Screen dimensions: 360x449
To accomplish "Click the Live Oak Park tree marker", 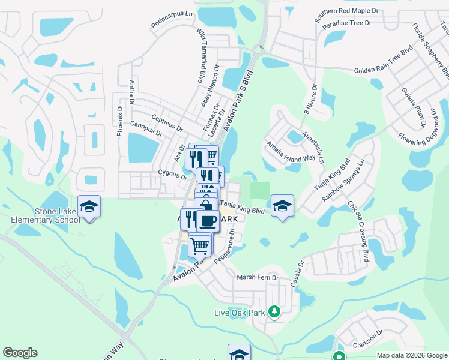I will point(274,311).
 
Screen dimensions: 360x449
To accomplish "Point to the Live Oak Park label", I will point(240,313).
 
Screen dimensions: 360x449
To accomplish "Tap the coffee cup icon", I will point(208,221).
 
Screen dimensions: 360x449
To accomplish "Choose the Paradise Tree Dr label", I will point(347,23).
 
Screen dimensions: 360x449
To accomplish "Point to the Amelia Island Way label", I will point(291,149).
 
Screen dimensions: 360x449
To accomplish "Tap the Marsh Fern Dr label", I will point(258,277).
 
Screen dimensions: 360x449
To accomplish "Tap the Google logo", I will point(20,353).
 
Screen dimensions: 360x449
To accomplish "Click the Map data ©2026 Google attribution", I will point(412,355).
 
